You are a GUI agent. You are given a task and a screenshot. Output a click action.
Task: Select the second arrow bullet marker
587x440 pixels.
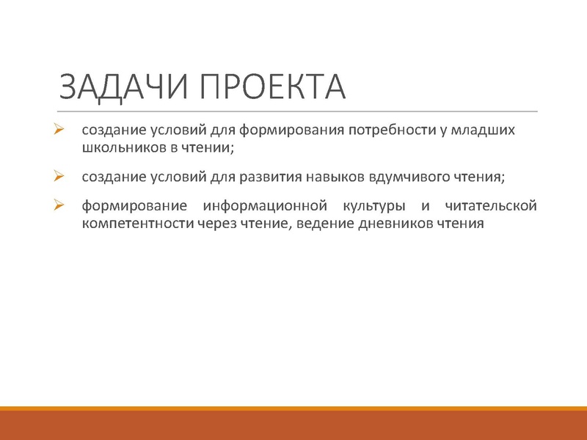pos(61,176)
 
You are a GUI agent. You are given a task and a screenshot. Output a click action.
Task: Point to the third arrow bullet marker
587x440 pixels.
pos(61,205)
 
